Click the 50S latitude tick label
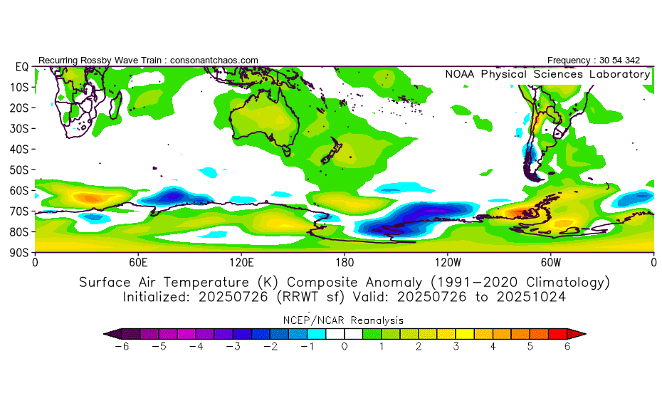(19, 169)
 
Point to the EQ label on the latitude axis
(21, 66)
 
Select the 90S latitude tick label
(19, 252)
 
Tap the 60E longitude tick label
(138, 261)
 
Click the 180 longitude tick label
(345, 261)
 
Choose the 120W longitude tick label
(448, 261)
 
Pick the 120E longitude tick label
(241, 261)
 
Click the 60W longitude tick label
(551, 261)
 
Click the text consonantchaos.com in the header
(214, 61)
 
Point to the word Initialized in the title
(157, 297)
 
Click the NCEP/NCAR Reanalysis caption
(344, 320)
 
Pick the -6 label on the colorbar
(120, 347)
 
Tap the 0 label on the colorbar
(344, 347)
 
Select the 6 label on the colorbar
(567, 347)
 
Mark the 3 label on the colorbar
(456, 347)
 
